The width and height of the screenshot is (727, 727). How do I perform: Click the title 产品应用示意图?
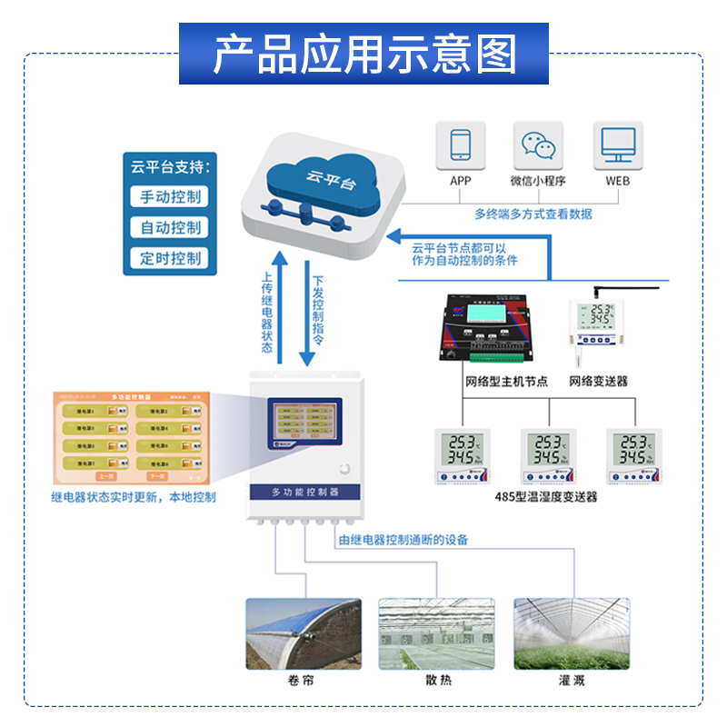click(x=363, y=54)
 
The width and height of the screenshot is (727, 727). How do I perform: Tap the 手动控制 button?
click(x=170, y=196)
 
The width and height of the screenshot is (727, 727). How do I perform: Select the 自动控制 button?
click(x=170, y=227)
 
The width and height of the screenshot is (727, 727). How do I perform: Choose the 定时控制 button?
click(x=170, y=258)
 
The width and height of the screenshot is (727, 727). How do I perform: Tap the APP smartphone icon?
click(x=461, y=145)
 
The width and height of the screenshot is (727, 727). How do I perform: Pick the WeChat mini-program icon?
click(x=538, y=145)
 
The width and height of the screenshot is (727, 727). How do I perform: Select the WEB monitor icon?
click(x=617, y=145)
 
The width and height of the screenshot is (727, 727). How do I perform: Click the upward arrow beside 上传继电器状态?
click(x=282, y=309)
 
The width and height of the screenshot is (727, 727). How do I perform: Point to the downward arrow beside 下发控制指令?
click(x=304, y=309)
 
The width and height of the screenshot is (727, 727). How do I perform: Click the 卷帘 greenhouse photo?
click(x=304, y=633)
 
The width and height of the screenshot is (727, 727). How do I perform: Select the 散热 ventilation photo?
click(x=438, y=633)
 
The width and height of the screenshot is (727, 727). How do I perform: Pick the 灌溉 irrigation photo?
click(x=571, y=633)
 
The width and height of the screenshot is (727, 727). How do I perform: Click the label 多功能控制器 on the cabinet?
click(x=305, y=491)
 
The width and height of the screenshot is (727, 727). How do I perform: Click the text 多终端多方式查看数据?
click(x=533, y=214)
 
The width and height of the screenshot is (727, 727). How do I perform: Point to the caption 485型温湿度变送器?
click(x=546, y=497)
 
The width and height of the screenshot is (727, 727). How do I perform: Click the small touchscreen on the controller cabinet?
click(x=304, y=421)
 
